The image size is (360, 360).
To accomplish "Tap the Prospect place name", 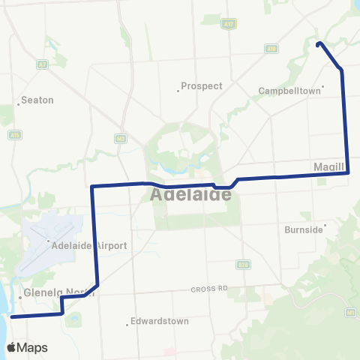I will (x=202, y=86).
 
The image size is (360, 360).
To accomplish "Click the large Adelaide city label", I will (x=190, y=194).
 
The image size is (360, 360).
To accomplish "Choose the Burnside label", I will (x=303, y=229).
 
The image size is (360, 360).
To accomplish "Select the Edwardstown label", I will (x=158, y=321).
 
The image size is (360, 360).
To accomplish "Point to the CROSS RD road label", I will (x=208, y=289).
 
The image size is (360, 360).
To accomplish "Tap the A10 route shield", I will (x=271, y=49).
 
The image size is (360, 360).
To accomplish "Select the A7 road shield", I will (x=42, y=65).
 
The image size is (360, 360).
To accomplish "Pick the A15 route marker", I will (x=15, y=135).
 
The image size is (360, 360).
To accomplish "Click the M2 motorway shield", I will (x=120, y=138).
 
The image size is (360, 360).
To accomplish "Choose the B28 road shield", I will (x=242, y=265).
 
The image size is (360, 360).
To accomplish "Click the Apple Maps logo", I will (x=26, y=347).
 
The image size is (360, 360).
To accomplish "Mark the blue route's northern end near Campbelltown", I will (x=319, y=43).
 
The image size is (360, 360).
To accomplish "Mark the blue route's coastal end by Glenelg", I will (x=12, y=316).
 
